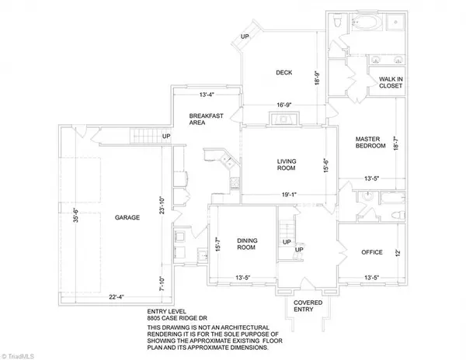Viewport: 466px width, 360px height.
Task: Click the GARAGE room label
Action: pos(127,218)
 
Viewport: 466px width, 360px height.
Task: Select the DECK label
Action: pos(283,74)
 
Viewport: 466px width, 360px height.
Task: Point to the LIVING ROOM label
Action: pos(288,165)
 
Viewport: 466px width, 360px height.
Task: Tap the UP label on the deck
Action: pos(245,37)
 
